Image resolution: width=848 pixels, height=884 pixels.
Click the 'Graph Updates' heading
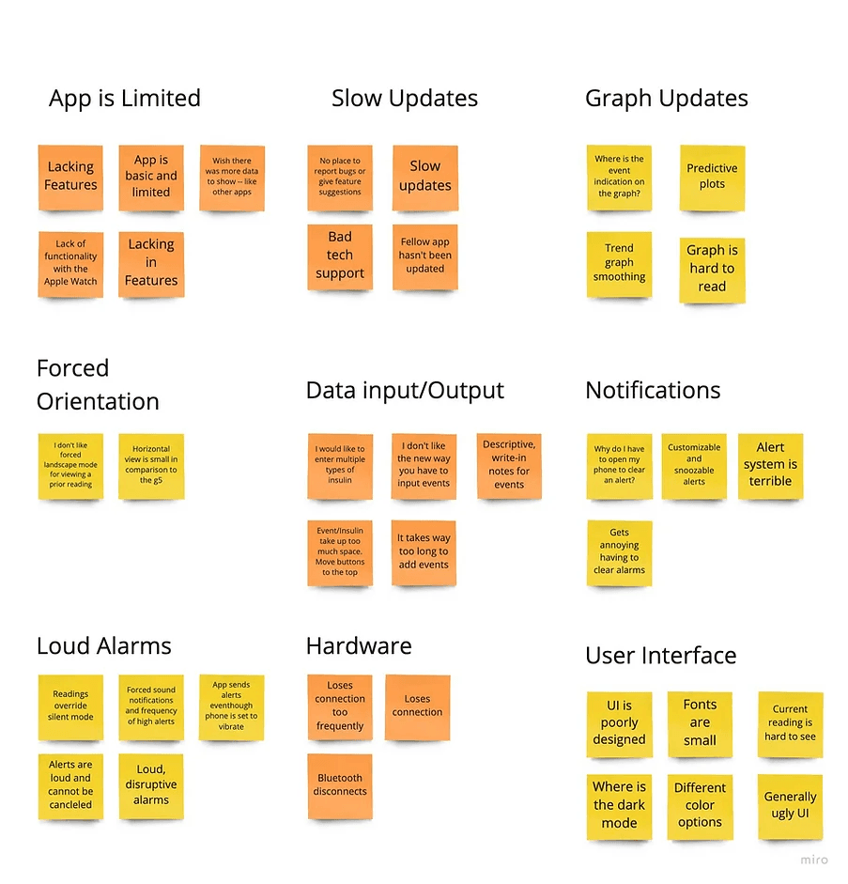(x=666, y=99)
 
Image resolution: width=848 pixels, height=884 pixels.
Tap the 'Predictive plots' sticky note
(x=712, y=178)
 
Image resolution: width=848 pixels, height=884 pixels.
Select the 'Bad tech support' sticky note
(x=340, y=256)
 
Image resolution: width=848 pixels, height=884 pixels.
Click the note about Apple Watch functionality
(x=70, y=264)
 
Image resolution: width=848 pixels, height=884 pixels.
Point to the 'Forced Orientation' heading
(x=98, y=384)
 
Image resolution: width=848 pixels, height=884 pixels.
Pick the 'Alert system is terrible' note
(x=770, y=466)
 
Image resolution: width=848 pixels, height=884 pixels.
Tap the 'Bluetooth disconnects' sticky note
(x=340, y=786)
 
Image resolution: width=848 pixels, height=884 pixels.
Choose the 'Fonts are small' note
(x=700, y=724)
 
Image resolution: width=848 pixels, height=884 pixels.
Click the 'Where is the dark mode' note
(x=619, y=807)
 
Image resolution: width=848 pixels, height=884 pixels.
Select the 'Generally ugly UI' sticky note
(x=790, y=807)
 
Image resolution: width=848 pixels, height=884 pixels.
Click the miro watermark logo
(x=814, y=860)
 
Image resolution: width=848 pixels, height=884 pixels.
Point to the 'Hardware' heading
(x=359, y=646)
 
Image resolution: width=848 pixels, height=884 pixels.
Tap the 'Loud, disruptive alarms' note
(x=151, y=786)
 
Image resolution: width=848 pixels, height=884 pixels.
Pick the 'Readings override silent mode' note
(x=70, y=707)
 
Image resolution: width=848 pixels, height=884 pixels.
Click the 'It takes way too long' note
(x=424, y=552)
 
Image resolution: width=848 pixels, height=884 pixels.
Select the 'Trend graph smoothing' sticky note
(x=619, y=264)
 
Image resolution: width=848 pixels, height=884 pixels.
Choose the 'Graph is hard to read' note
(x=712, y=270)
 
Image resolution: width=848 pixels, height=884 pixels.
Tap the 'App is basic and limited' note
(x=151, y=178)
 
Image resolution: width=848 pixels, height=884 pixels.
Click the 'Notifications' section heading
(x=653, y=391)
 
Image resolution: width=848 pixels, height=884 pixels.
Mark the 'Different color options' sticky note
(x=700, y=807)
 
